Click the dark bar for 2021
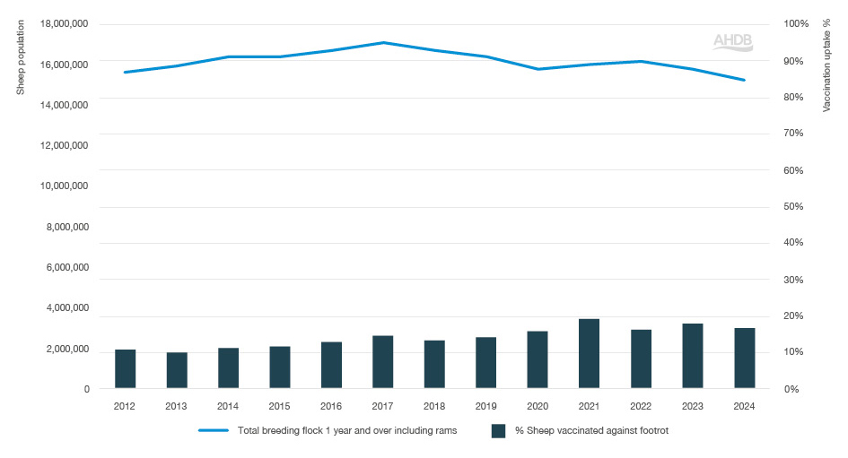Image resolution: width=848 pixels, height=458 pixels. click(589, 354)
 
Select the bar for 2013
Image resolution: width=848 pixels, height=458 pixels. click(177, 370)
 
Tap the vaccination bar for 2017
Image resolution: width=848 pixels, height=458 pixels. click(383, 362)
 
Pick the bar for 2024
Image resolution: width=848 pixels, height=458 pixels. click(744, 359)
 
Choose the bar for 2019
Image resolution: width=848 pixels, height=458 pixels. click(485, 363)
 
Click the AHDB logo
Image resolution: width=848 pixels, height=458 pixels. click(732, 41)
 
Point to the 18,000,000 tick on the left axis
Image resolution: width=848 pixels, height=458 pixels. click(65, 24)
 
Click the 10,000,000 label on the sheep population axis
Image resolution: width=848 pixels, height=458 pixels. click(65, 186)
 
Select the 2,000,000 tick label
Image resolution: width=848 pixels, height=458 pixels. click(67, 349)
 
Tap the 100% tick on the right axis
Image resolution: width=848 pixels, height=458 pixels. click(796, 24)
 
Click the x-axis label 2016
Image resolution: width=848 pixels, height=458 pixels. click(331, 406)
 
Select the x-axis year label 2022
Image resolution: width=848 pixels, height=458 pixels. click(641, 406)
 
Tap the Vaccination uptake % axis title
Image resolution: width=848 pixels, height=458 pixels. click(826, 68)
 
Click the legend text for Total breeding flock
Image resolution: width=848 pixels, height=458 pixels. click(347, 431)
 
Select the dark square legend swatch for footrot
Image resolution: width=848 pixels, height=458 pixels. click(499, 431)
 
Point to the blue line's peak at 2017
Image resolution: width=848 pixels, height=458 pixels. click(383, 42)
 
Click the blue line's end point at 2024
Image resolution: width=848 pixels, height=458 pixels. click(744, 80)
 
